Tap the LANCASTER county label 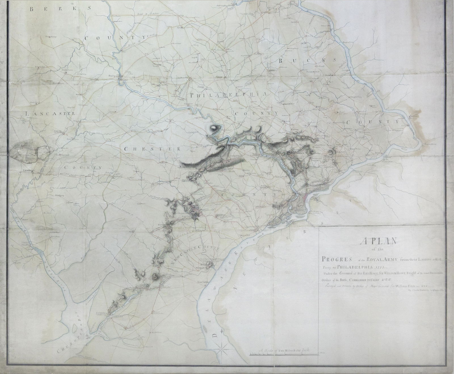coord(50,114)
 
